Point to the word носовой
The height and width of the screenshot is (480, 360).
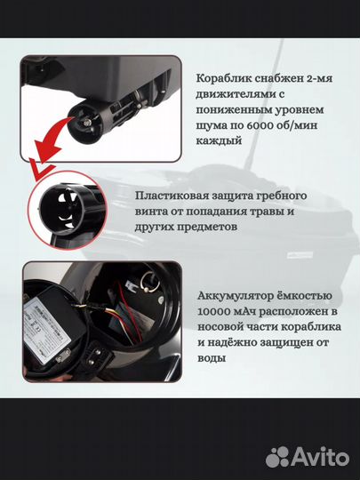pos(218,327)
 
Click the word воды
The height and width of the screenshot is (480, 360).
pos(212,358)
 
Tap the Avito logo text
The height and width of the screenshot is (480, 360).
pos(321,457)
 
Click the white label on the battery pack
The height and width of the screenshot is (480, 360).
pos(46,330)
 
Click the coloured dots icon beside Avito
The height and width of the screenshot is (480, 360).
pos(277,457)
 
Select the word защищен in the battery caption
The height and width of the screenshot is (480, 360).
pos(285,343)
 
